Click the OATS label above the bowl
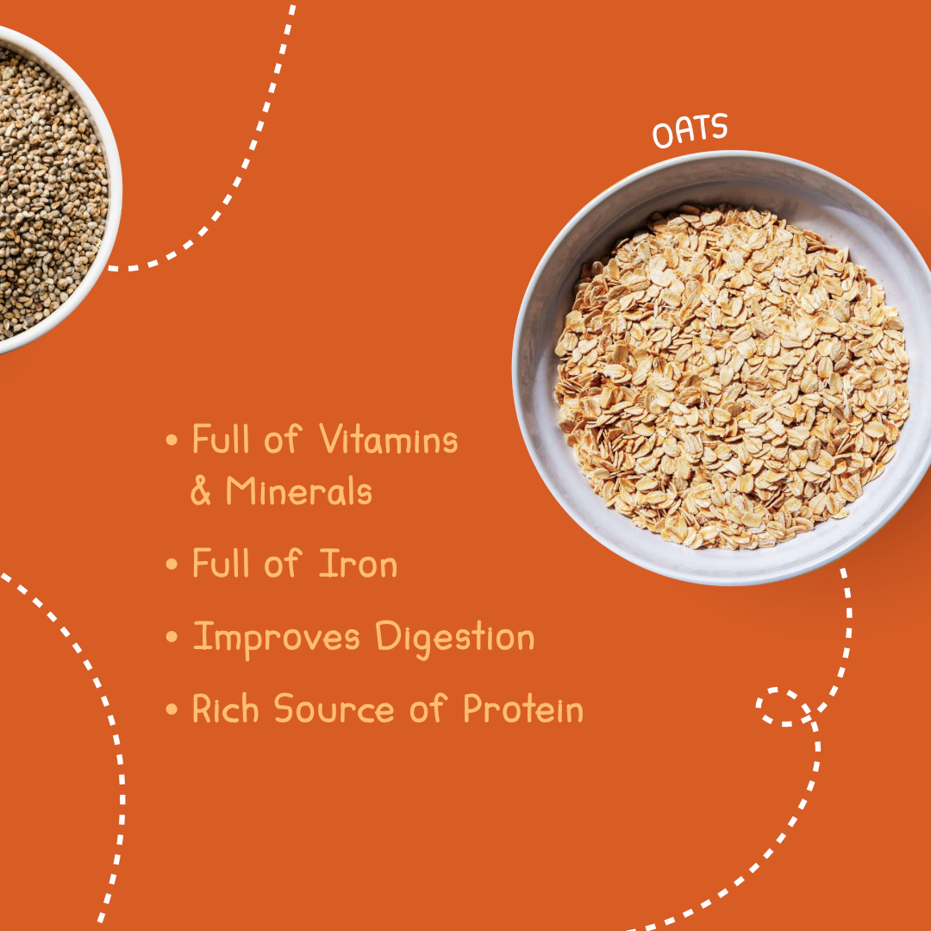click(690, 130)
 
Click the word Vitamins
click(388, 440)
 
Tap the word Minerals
click(298, 490)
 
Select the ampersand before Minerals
click(201, 491)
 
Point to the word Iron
click(358, 563)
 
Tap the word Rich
click(226, 708)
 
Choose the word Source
click(334, 709)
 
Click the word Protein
click(523, 709)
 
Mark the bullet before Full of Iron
click(172, 564)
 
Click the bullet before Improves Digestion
click(172, 637)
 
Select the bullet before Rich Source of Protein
click(172, 709)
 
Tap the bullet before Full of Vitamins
click(172, 440)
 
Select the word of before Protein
click(428, 709)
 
